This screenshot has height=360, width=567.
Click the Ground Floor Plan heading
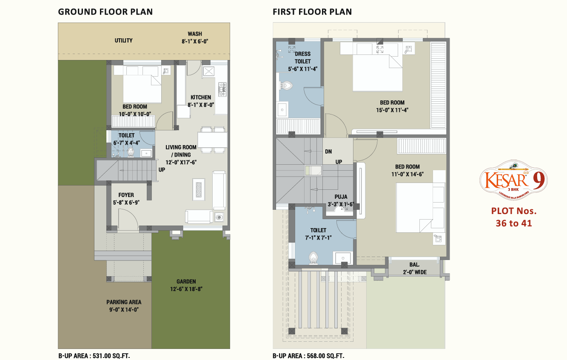click(x=105, y=12)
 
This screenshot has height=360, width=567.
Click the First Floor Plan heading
click(x=312, y=12)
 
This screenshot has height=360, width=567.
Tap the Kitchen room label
click(x=201, y=97)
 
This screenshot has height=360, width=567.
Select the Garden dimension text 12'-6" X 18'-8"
click(x=186, y=289)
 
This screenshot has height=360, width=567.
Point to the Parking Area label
click(x=124, y=302)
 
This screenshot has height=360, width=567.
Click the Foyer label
click(x=126, y=195)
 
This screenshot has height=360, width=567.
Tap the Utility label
click(x=123, y=40)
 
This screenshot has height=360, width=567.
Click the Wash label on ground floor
click(x=195, y=34)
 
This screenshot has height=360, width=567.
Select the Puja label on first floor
click(x=341, y=197)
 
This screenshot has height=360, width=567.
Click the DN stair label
click(x=328, y=151)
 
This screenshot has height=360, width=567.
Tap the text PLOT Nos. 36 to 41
click(x=514, y=217)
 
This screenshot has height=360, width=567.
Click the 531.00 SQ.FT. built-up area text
click(x=114, y=356)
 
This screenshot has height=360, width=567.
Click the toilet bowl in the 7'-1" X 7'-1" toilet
click(x=314, y=258)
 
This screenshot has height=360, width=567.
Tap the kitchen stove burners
click(x=222, y=88)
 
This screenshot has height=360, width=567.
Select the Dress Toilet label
click(x=302, y=57)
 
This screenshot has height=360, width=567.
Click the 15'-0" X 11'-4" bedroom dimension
click(x=392, y=110)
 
